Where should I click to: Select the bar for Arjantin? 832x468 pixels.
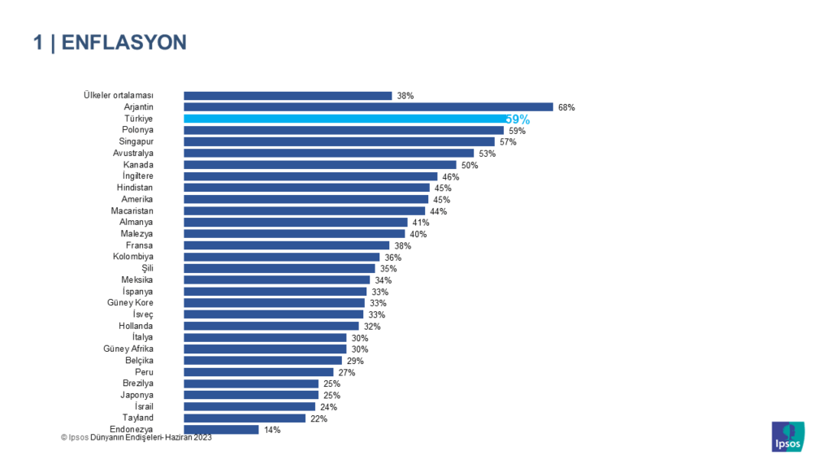368,107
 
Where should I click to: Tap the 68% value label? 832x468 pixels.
566,107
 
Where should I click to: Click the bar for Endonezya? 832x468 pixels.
221,430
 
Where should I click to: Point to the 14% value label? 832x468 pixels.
272,430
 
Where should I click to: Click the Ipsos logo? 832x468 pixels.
787,435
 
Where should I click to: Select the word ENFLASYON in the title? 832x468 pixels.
123,42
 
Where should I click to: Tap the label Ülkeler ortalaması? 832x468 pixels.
119,95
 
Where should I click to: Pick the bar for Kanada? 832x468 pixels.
320,165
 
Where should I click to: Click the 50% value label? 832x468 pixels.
470,165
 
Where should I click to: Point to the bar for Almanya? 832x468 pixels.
296,222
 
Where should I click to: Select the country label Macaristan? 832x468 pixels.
132,210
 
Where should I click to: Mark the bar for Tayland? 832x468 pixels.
245,418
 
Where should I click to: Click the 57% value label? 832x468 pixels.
508,141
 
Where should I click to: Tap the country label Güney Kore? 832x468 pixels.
130,303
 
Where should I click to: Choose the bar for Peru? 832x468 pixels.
258,372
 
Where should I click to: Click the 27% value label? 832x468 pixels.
347,372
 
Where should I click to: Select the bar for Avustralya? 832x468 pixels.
328,153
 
